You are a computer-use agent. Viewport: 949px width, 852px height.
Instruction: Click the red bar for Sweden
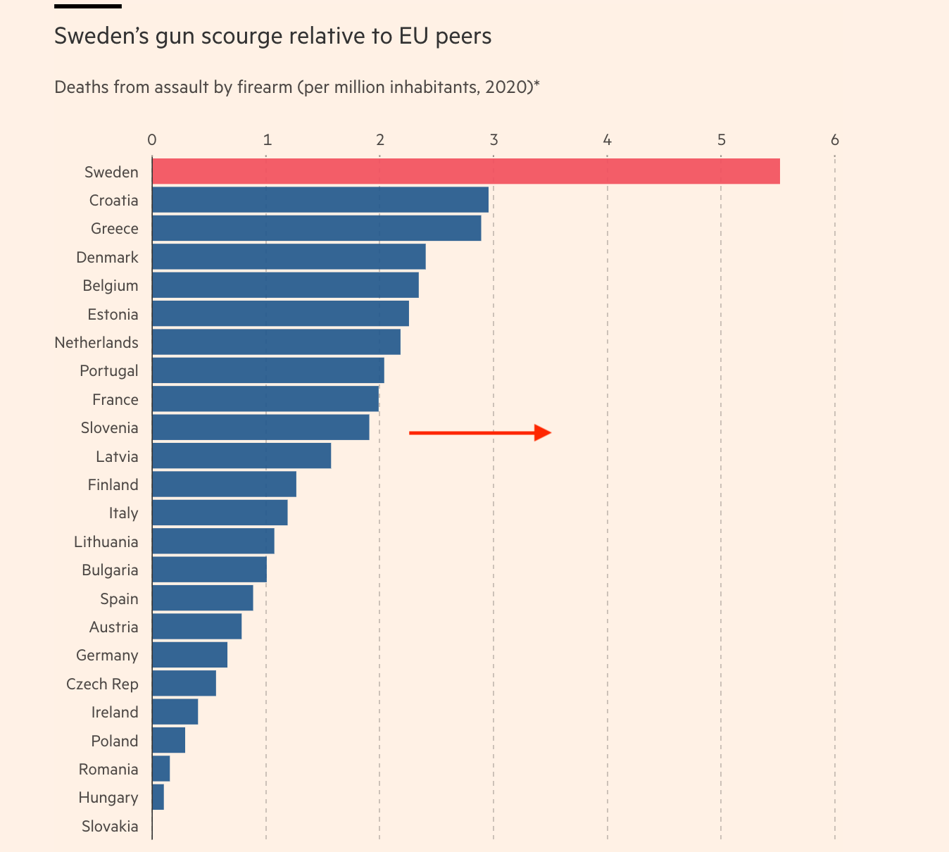point(465,171)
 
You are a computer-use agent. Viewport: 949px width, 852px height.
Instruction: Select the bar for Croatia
point(320,200)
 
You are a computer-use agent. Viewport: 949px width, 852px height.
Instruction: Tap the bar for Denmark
point(289,257)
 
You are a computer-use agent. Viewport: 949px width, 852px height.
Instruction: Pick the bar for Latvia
point(241,456)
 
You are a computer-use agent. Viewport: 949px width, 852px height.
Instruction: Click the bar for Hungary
point(158,798)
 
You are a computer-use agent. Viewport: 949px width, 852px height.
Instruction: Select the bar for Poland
point(168,741)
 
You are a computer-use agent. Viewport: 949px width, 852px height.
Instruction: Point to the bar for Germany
point(189,655)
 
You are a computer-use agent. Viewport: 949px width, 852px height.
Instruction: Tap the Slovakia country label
point(110,826)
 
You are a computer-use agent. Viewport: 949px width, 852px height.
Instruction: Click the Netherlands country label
point(96,343)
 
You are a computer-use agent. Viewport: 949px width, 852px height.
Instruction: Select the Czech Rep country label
point(102,684)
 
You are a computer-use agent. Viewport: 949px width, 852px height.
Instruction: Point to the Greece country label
point(115,229)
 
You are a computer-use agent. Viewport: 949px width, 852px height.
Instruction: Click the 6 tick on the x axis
point(835,140)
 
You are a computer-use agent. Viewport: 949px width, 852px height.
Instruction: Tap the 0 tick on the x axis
point(152,140)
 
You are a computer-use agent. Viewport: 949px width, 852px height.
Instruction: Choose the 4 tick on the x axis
point(607,140)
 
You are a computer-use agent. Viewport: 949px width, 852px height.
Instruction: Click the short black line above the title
point(87,6)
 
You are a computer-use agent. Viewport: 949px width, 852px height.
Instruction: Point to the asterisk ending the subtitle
point(536,84)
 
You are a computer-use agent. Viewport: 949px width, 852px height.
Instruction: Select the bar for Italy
point(220,513)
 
